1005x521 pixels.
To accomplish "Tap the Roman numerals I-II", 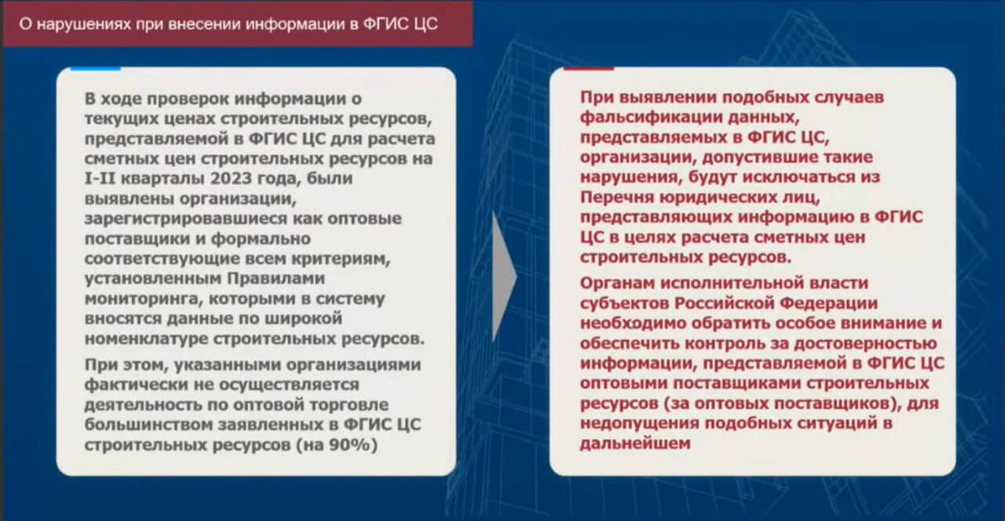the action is (x=100, y=178).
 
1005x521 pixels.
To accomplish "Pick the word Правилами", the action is (x=276, y=279).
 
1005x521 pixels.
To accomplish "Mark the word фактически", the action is (x=136, y=384).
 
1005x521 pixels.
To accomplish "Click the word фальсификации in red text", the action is (x=650, y=118).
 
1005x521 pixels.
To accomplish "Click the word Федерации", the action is (x=828, y=304).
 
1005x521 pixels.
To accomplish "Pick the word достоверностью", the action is (x=865, y=344).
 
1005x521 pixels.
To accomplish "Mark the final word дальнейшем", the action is (x=635, y=443).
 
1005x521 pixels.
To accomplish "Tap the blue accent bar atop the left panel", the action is (x=96, y=68).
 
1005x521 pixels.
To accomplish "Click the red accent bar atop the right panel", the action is (x=589, y=68).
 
